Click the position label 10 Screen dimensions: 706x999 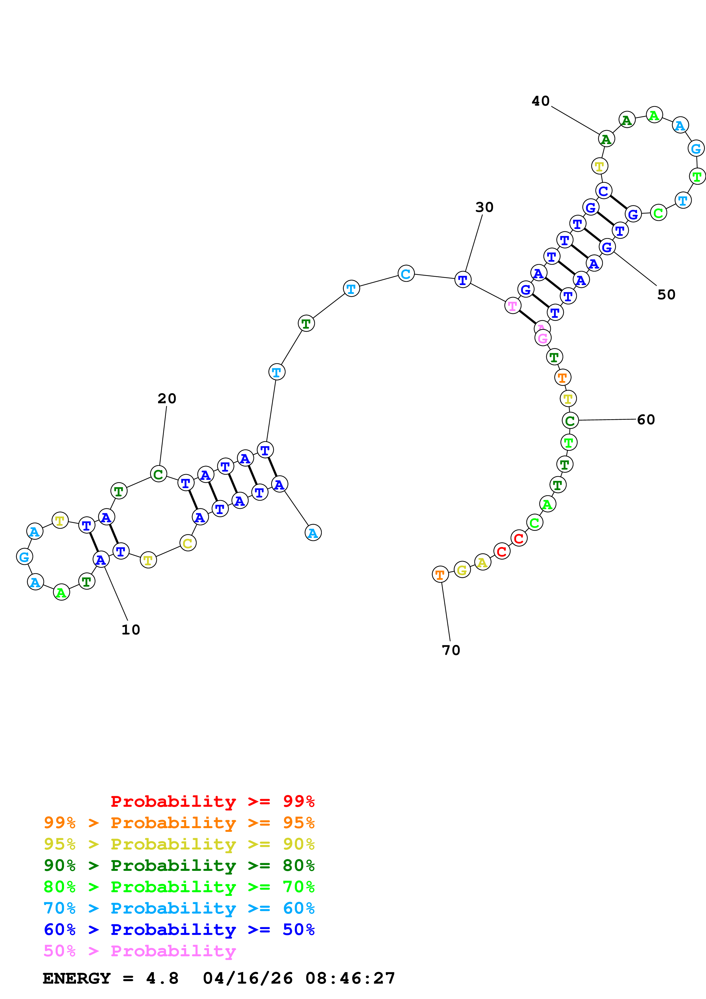[x=130, y=630]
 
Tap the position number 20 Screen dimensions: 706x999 [x=167, y=399]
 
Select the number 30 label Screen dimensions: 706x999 [x=484, y=207]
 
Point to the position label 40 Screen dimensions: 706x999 [x=541, y=101]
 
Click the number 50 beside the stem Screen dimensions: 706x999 [x=666, y=294]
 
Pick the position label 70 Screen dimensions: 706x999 [x=451, y=650]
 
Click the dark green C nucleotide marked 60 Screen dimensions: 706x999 [x=570, y=420]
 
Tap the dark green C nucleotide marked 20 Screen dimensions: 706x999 [x=158, y=474]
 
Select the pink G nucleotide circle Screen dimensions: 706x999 [x=543, y=338]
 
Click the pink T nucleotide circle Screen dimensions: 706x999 [x=513, y=306]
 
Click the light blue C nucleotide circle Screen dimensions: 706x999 [x=406, y=274]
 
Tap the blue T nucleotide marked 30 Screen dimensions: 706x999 [x=463, y=280]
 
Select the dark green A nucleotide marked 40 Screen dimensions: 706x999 [x=606, y=139]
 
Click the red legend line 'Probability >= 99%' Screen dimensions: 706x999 [x=212, y=801]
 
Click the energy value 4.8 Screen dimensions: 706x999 [x=162, y=978]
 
